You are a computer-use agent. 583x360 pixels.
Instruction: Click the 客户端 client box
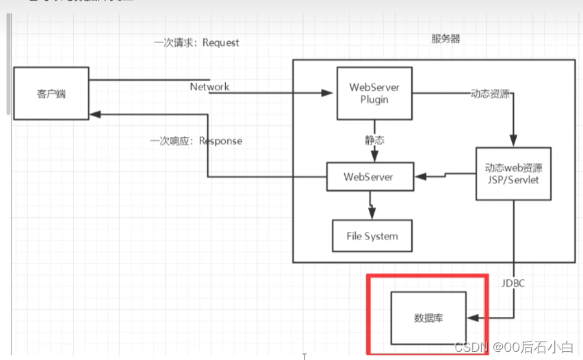(x=51, y=94)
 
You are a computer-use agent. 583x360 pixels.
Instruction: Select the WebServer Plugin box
(x=374, y=93)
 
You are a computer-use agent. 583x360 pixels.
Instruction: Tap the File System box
(x=372, y=237)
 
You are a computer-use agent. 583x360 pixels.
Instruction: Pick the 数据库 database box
(x=428, y=318)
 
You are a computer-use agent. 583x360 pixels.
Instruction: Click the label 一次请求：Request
(x=196, y=42)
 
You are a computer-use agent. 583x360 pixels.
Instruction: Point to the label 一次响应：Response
(x=196, y=141)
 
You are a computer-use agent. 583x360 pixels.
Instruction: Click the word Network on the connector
(x=209, y=87)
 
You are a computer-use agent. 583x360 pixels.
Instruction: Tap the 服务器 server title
(x=445, y=39)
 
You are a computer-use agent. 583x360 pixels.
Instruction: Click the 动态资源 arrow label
(x=489, y=94)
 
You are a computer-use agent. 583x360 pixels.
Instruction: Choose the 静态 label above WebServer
(x=374, y=140)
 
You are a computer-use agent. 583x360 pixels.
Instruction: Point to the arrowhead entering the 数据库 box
(x=471, y=318)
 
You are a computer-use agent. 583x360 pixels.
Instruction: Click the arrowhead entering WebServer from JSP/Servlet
(x=419, y=176)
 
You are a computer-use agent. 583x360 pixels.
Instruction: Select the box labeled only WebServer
(x=370, y=177)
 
